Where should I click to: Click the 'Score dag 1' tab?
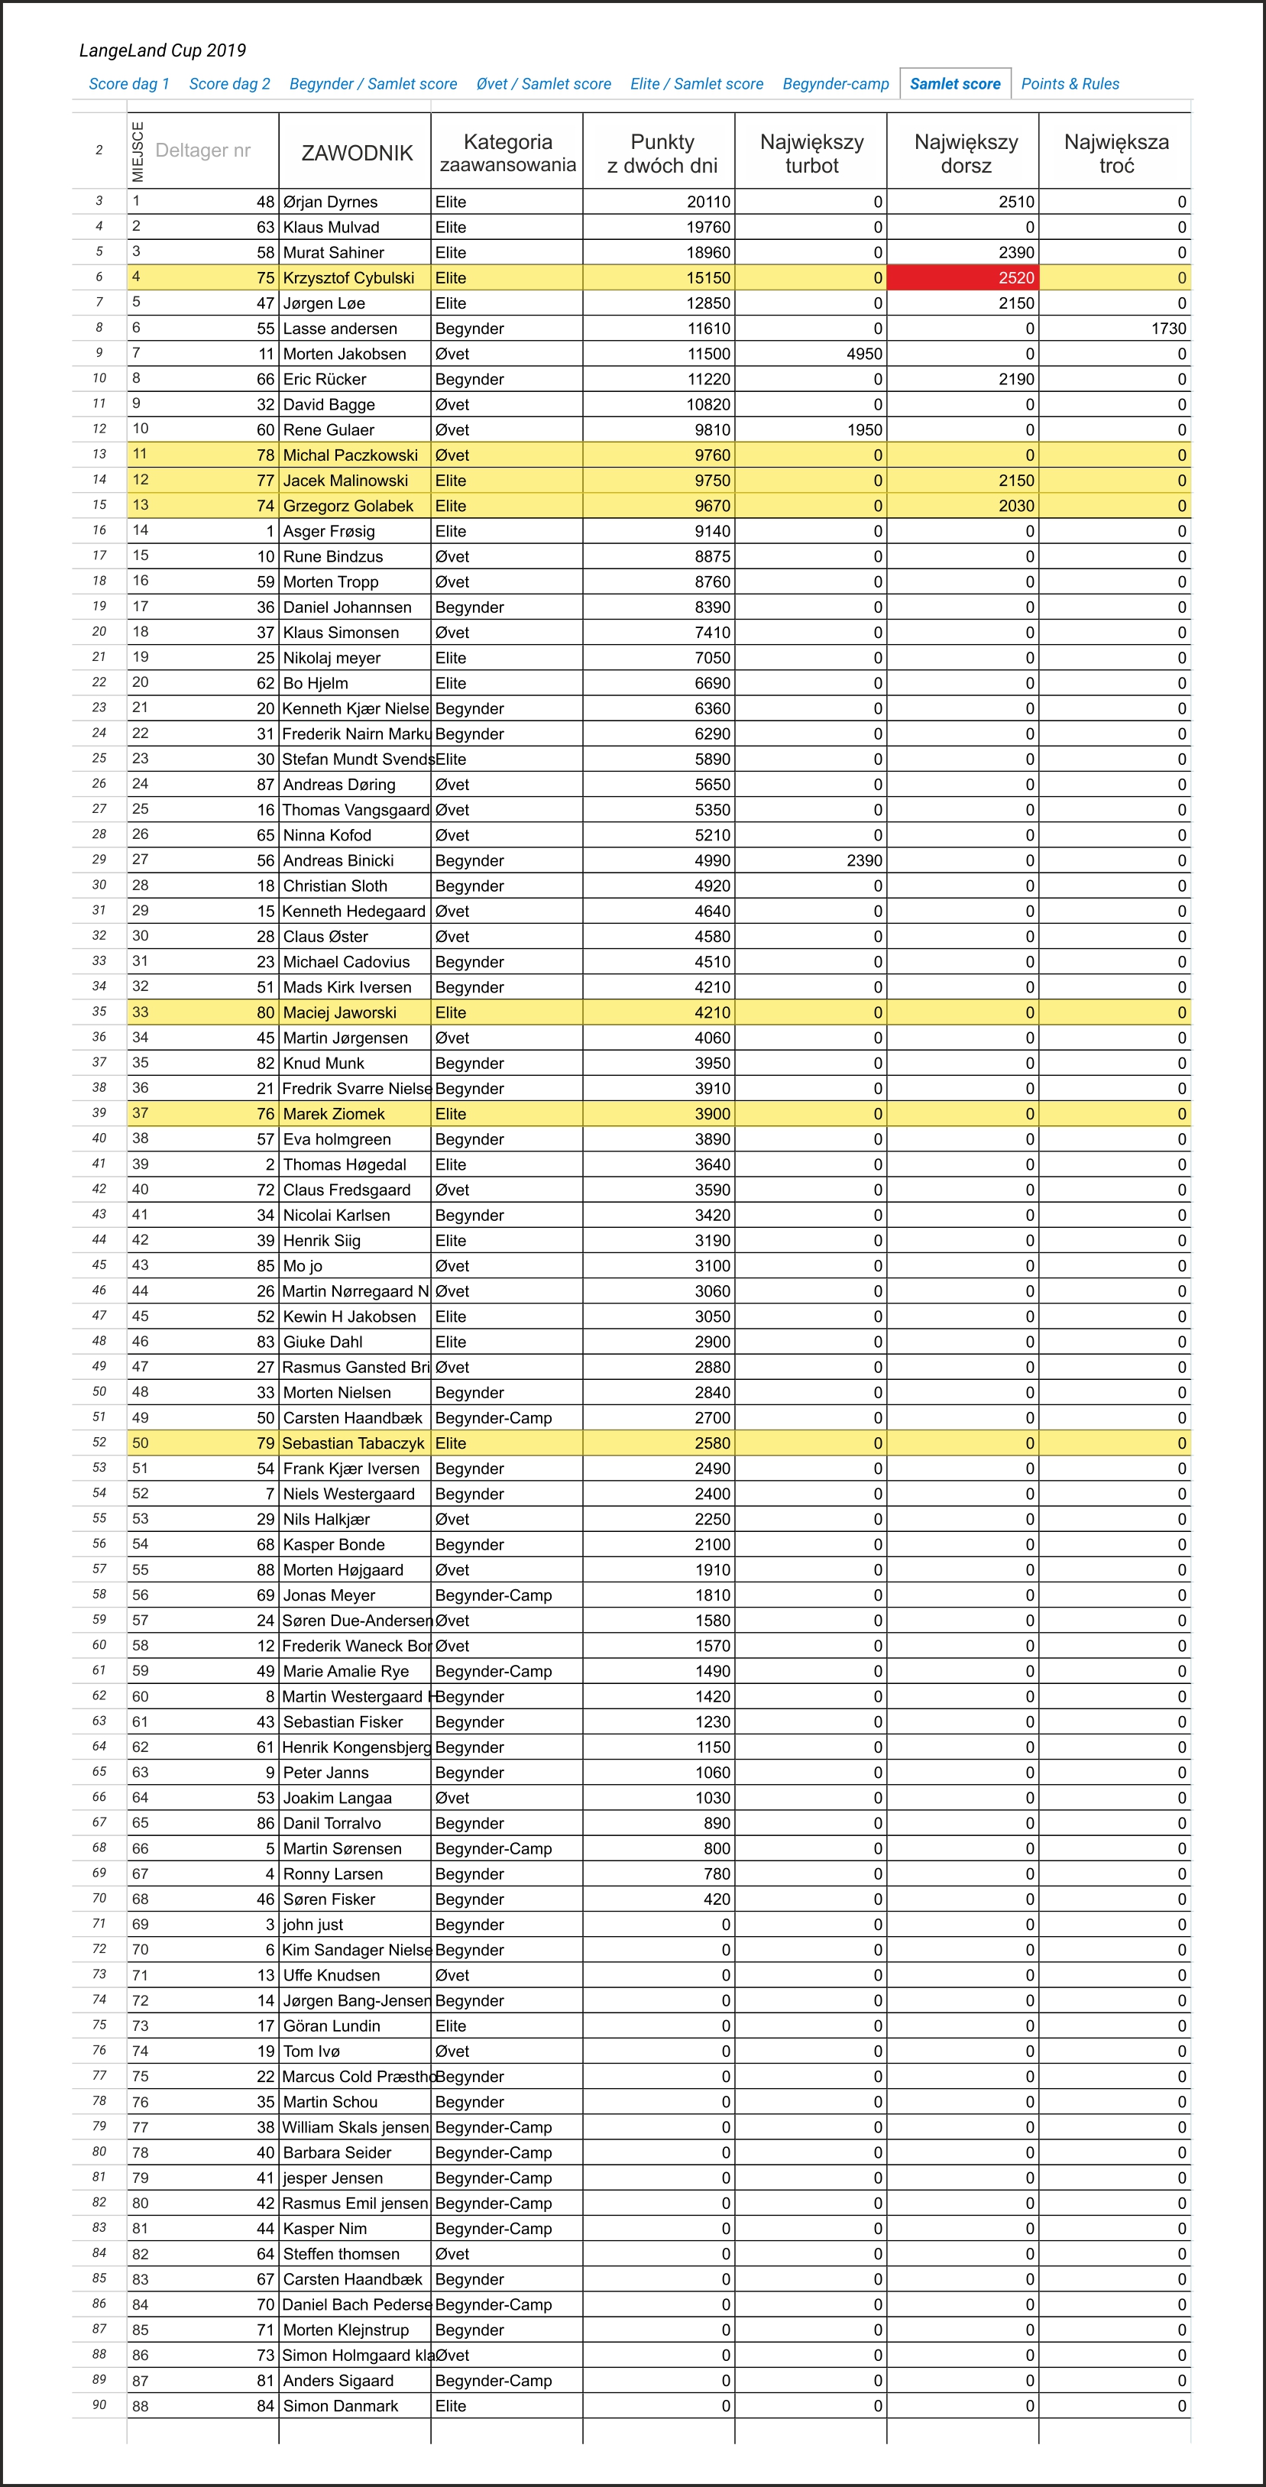point(128,84)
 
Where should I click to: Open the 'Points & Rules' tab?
point(1070,84)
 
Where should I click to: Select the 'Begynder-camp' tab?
point(835,84)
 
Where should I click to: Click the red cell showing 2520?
point(962,278)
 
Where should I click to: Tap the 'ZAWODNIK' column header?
point(356,153)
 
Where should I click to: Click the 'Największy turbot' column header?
point(811,153)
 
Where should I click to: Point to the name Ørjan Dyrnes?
point(330,202)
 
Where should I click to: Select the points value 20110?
point(707,202)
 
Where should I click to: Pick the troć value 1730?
point(1167,329)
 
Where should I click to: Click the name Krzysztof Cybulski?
point(348,278)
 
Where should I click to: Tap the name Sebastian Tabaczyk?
point(354,1443)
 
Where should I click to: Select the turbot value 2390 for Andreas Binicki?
point(864,860)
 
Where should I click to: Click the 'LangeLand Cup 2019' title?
point(162,50)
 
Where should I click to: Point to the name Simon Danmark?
point(340,2406)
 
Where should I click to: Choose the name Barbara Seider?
point(337,2152)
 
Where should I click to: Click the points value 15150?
point(707,278)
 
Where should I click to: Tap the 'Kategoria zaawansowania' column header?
point(507,153)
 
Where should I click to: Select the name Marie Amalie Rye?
point(345,1671)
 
